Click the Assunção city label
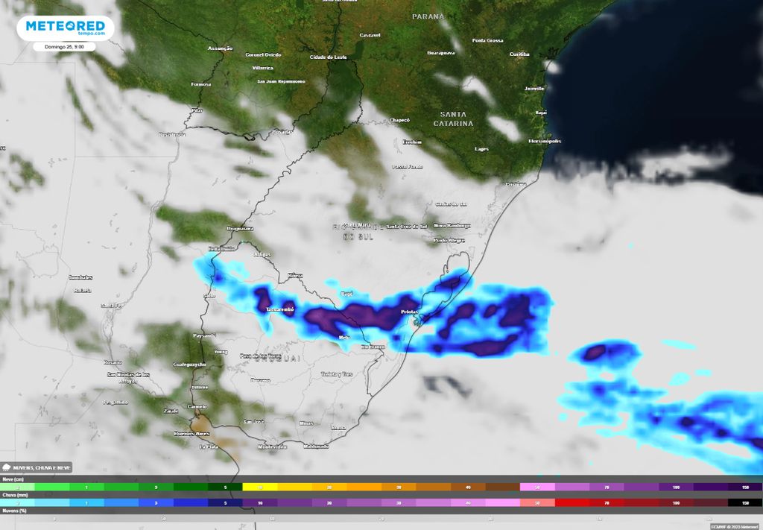[x=221, y=48]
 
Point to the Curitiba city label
[x=519, y=54]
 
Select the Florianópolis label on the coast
[x=545, y=141]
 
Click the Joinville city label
[x=534, y=88]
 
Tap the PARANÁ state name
[x=428, y=16]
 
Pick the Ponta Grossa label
[x=488, y=40]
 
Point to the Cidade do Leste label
[x=329, y=57]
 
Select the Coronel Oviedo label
[x=263, y=54]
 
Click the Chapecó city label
[x=399, y=120]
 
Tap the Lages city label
[x=481, y=149]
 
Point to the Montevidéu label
[x=271, y=447]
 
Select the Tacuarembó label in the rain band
[x=281, y=309]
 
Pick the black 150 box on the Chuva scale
[x=745, y=503]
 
